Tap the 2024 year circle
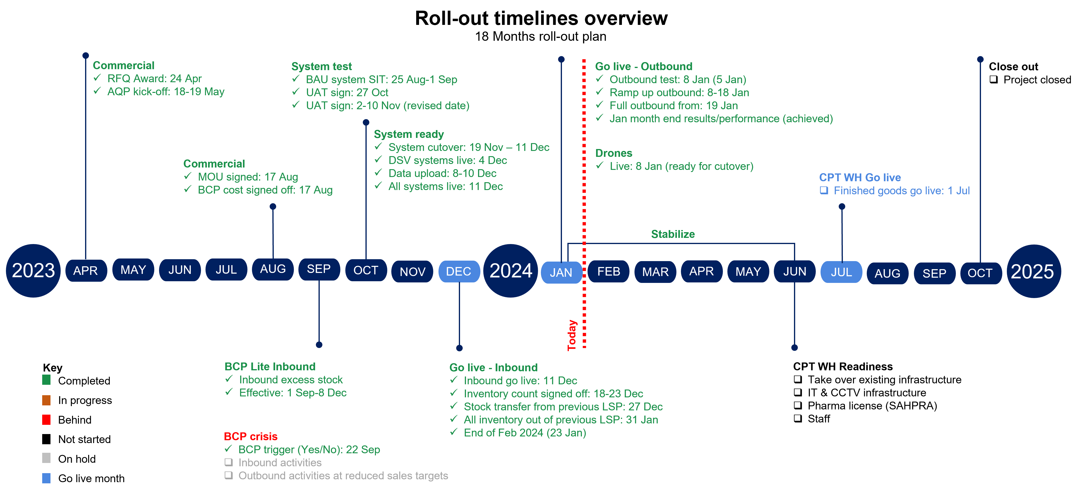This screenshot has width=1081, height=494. click(511, 271)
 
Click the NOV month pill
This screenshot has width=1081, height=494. click(412, 272)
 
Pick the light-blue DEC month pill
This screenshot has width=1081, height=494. click(459, 271)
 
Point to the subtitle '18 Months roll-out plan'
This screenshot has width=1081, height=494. click(540, 36)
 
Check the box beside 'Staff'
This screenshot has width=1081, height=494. click(798, 418)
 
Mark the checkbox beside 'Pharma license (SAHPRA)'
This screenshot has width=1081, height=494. click(798, 406)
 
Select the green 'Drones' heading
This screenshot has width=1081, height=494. click(614, 153)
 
